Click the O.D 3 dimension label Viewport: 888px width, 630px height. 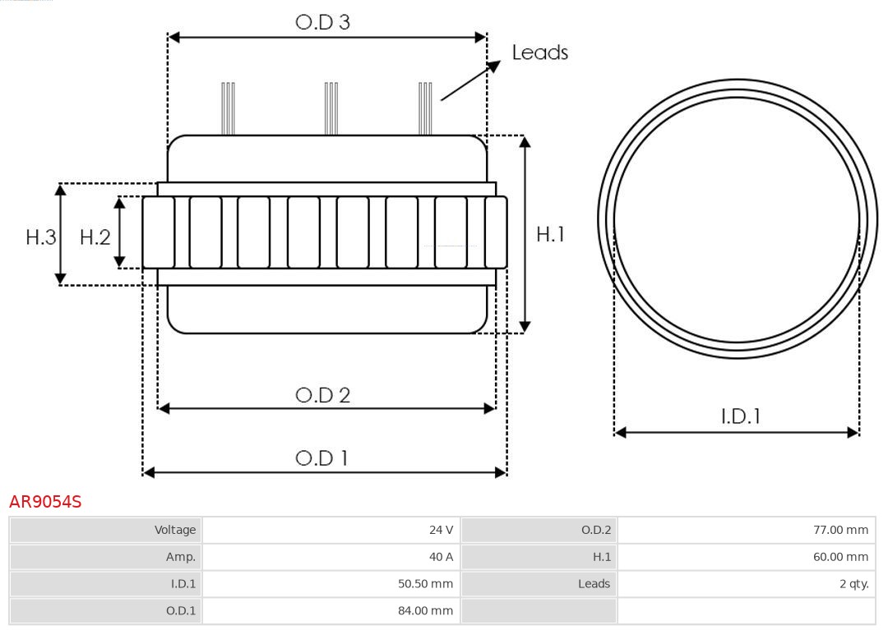coord(322,22)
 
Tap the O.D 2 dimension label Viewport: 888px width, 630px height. coord(322,395)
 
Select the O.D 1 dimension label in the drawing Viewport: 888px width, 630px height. coord(322,458)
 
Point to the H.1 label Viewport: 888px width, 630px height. coord(550,234)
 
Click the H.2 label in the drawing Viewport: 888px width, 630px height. coord(95,237)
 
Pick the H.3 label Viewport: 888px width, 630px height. coord(40,237)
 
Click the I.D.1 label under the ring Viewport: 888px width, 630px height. coord(740,416)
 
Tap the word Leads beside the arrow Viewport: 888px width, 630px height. coord(539,53)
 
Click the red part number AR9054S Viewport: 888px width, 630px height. coord(45,501)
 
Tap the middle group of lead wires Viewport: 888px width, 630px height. coord(331,108)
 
